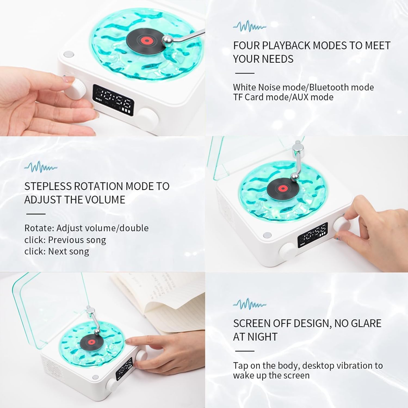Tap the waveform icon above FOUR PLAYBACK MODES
(249, 27)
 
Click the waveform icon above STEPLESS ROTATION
(41, 167)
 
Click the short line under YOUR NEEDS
(245, 73)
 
